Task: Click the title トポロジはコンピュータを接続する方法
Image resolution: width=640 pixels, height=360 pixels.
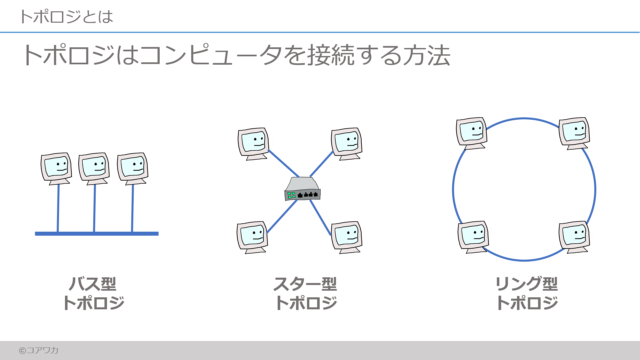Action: (235, 56)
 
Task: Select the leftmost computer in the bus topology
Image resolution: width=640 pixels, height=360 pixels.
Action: (56, 167)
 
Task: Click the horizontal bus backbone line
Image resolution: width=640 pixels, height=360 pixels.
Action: (96, 233)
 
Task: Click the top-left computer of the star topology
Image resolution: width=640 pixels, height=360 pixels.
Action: (253, 143)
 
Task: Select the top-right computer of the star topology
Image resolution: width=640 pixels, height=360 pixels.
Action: (347, 142)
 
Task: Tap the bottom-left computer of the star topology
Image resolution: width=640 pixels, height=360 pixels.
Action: (252, 236)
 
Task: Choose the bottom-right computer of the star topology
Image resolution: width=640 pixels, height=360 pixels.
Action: (347, 236)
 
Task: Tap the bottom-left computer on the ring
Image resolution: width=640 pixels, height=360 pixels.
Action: (473, 236)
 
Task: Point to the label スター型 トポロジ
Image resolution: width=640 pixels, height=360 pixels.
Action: (305, 293)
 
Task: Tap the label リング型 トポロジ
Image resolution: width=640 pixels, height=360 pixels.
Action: (526, 293)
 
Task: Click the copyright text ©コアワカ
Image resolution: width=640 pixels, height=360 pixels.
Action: (38, 350)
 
